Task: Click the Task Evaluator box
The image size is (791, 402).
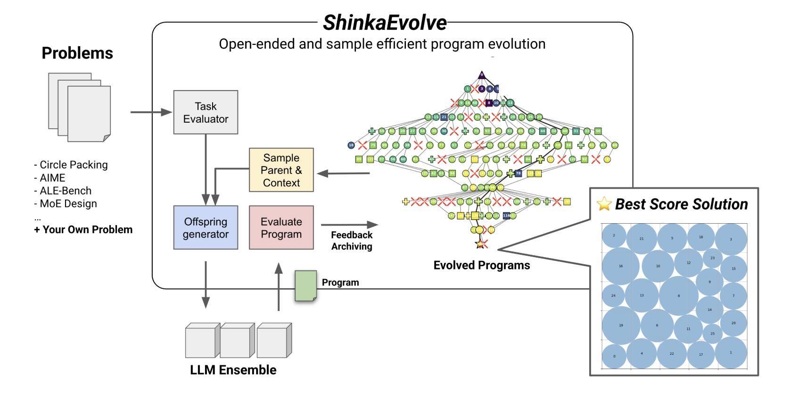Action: tap(206, 112)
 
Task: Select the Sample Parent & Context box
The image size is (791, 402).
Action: tap(281, 170)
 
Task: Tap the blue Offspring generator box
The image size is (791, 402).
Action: tap(206, 227)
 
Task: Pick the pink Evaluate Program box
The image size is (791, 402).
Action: tap(281, 227)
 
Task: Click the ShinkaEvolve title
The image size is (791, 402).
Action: tap(384, 23)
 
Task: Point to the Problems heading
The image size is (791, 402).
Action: tap(77, 53)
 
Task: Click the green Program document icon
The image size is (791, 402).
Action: tap(305, 285)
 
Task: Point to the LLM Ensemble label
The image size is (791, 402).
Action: tap(233, 370)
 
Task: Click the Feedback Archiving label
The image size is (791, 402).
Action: tap(352, 241)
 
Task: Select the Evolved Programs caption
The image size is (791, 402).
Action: tap(481, 265)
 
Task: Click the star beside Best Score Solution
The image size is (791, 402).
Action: tap(604, 204)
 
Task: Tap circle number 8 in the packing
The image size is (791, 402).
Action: tap(678, 296)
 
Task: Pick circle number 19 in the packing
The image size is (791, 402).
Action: tap(621, 325)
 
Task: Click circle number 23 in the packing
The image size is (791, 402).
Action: tap(712, 258)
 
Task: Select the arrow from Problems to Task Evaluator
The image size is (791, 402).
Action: tap(151, 112)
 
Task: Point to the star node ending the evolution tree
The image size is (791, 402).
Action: tap(480, 244)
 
